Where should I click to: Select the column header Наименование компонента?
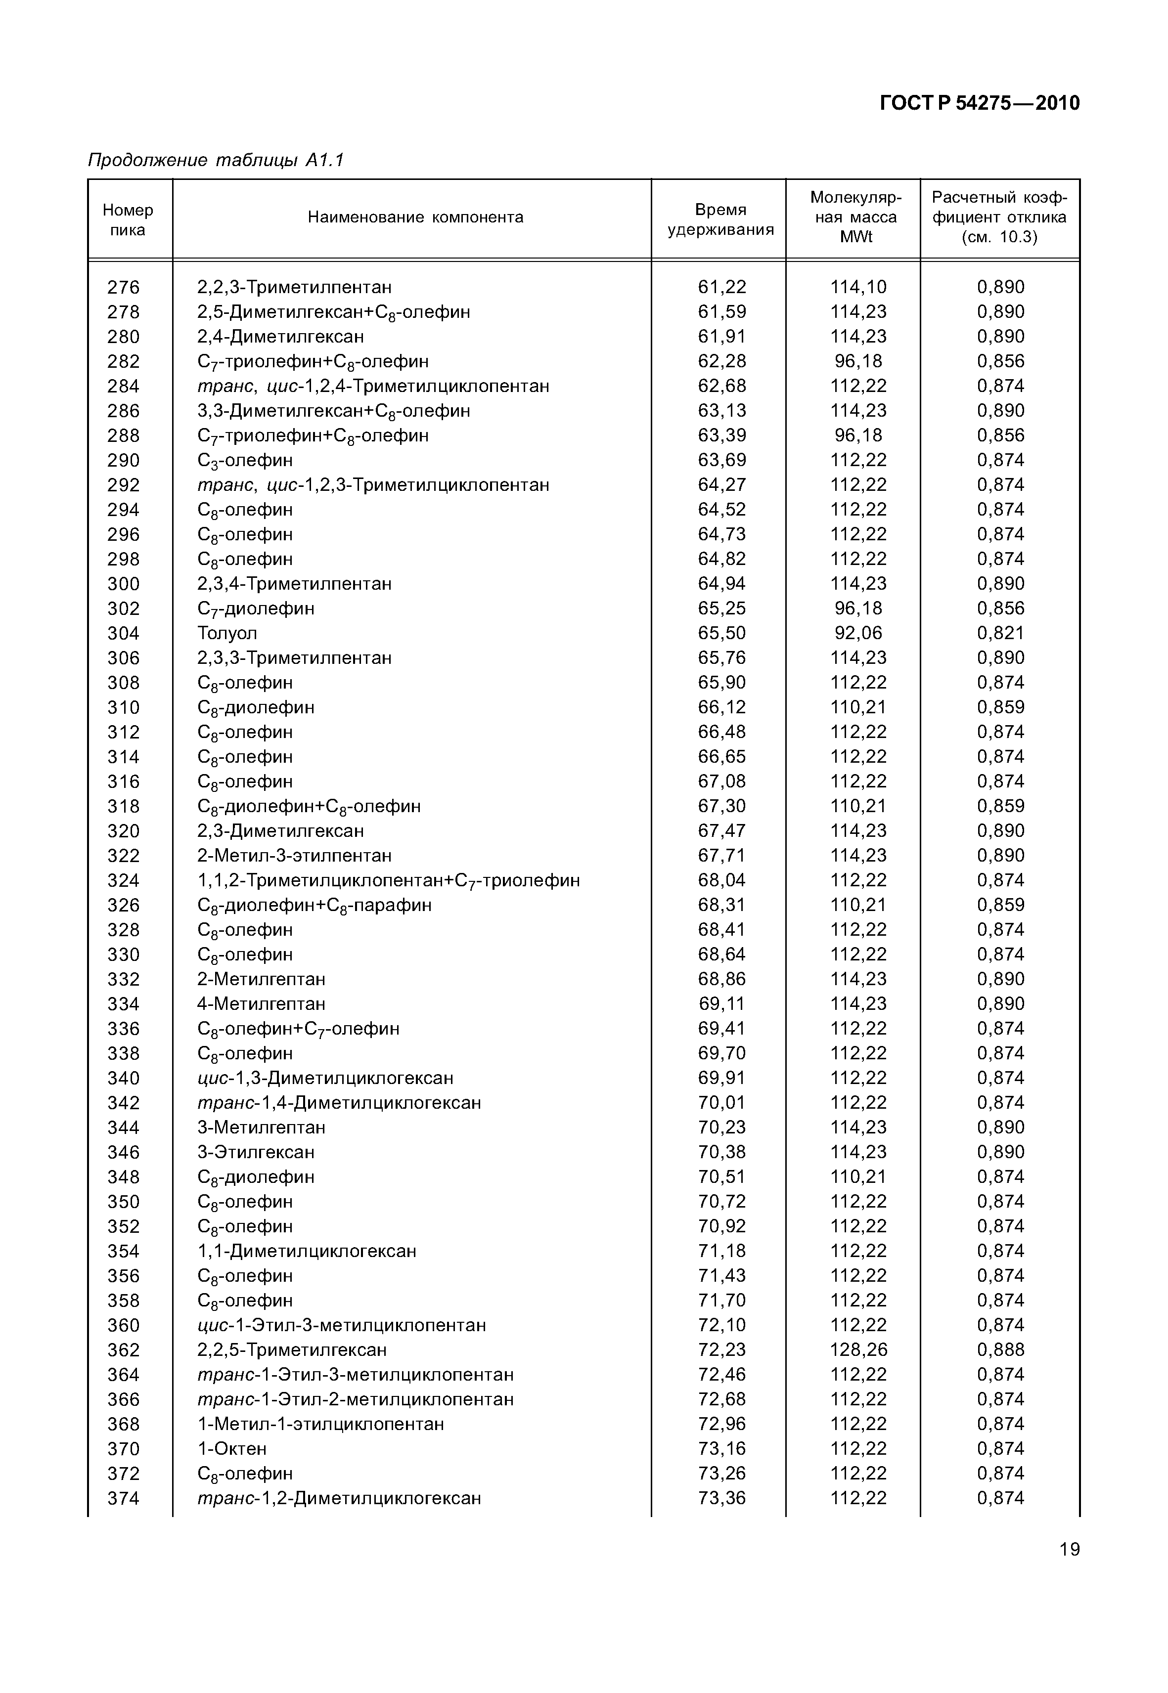click(415, 217)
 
